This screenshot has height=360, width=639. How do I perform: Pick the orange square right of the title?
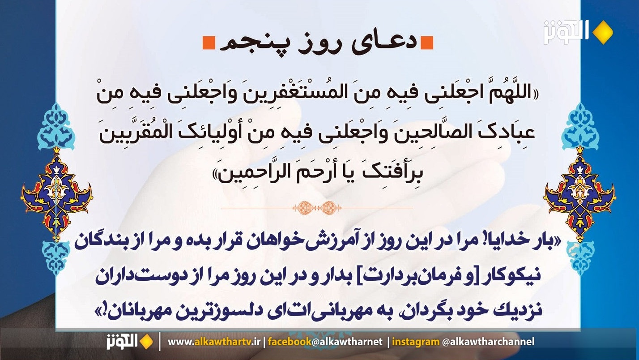(427, 43)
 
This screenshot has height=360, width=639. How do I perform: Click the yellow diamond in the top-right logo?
(602, 32)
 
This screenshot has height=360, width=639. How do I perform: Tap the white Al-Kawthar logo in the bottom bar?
(122, 342)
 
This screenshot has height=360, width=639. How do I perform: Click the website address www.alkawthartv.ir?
(214, 342)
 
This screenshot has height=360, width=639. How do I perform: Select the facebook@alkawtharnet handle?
(325, 342)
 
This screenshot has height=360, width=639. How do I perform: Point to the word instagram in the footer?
(416, 342)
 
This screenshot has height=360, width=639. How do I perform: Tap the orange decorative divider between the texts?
(317, 208)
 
